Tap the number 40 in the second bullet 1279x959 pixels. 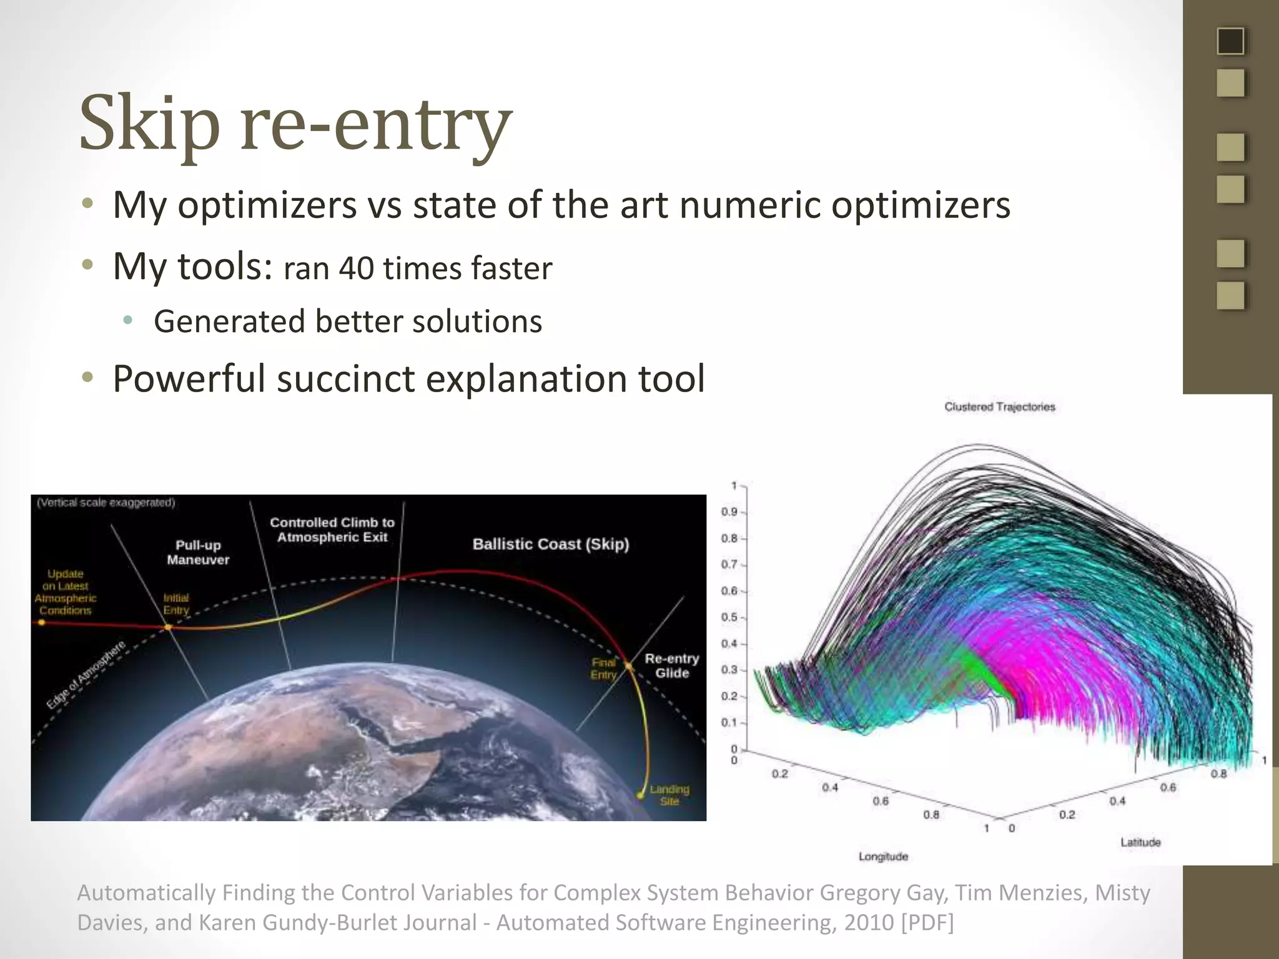356,268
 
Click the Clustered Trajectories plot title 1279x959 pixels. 999,407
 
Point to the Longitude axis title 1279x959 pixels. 882,857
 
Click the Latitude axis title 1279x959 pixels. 1140,842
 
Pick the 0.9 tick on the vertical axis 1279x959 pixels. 729,512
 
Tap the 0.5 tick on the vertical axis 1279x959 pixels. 729,617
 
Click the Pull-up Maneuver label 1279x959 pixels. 198,553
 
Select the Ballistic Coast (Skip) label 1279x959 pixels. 550,544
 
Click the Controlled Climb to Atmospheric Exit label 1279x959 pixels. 332,529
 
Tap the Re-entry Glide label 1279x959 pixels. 671,666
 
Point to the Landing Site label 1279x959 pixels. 669,795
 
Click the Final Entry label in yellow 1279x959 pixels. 603,669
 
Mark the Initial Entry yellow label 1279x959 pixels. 175,604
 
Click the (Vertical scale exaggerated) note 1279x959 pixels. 106,503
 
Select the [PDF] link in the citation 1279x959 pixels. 927,922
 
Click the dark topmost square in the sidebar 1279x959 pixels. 1230,41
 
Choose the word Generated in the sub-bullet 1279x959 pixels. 229,322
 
